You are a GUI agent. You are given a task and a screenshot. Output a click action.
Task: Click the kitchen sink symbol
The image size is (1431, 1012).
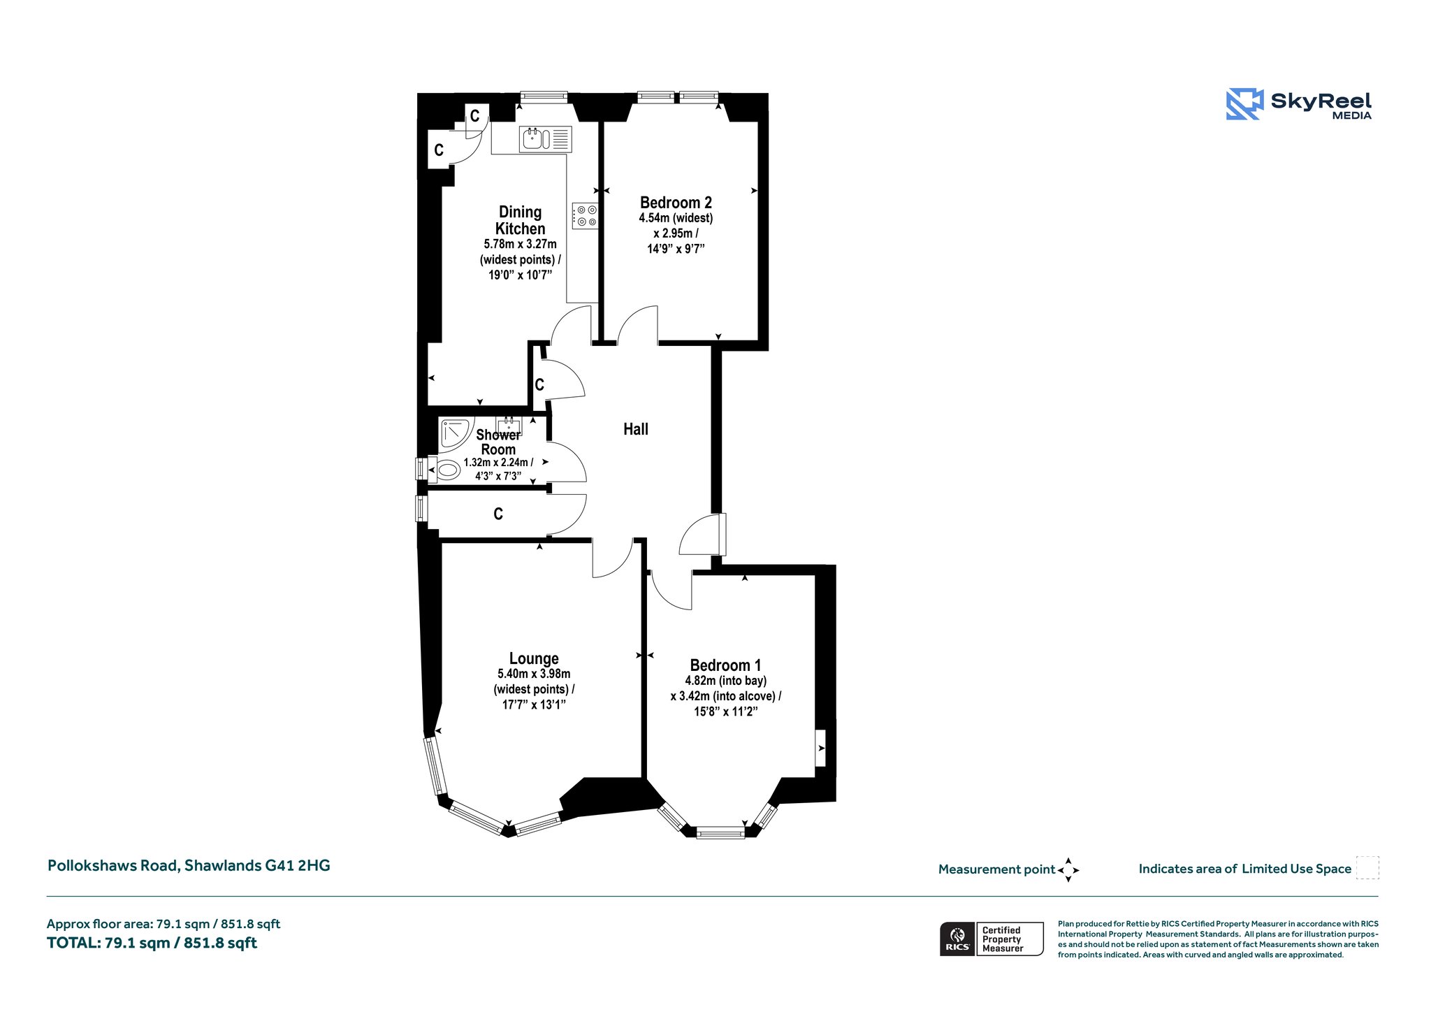point(546,139)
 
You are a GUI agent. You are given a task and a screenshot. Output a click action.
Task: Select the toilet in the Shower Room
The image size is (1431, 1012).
point(444,470)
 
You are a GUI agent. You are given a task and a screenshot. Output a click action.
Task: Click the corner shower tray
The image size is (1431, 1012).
point(456,434)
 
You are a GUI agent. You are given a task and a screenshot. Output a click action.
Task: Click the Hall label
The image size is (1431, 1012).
point(636,429)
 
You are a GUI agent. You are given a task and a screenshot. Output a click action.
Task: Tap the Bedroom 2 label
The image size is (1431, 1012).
point(676,203)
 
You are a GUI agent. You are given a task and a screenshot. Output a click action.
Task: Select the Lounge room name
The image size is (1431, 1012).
point(534,658)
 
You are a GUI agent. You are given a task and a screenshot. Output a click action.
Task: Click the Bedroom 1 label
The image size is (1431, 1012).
point(725,665)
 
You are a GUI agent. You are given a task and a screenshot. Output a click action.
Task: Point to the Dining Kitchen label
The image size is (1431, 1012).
point(521,220)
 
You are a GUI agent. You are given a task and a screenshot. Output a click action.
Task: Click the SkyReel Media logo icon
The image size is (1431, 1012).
point(1244,104)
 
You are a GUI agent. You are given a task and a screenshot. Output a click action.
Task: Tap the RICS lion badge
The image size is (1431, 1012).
point(957,939)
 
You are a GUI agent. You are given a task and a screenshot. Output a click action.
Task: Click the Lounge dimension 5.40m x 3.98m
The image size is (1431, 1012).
point(534,674)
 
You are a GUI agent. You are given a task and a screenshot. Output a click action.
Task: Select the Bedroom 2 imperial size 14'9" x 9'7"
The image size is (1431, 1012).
point(676,248)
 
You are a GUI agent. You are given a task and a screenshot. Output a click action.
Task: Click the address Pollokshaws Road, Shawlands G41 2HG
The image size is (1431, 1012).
point(189,865)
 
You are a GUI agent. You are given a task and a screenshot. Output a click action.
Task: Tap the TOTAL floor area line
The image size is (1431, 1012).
point(152,943)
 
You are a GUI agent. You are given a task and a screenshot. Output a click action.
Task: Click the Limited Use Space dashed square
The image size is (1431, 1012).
point(1367,867)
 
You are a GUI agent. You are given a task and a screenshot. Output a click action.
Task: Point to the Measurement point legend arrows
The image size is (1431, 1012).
point(1068,870)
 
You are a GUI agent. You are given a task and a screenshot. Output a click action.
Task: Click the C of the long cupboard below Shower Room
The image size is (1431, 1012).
point(498,514)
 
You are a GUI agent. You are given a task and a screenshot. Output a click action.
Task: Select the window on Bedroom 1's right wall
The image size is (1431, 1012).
point(820,748)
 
